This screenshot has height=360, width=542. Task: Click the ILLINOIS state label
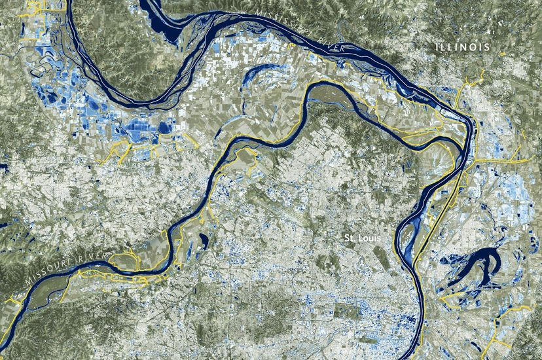465,48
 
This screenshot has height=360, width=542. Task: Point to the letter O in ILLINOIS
478,48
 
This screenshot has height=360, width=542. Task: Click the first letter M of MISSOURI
28,282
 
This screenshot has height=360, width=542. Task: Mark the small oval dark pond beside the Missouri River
204,240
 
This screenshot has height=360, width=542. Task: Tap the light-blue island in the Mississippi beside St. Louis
408,246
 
